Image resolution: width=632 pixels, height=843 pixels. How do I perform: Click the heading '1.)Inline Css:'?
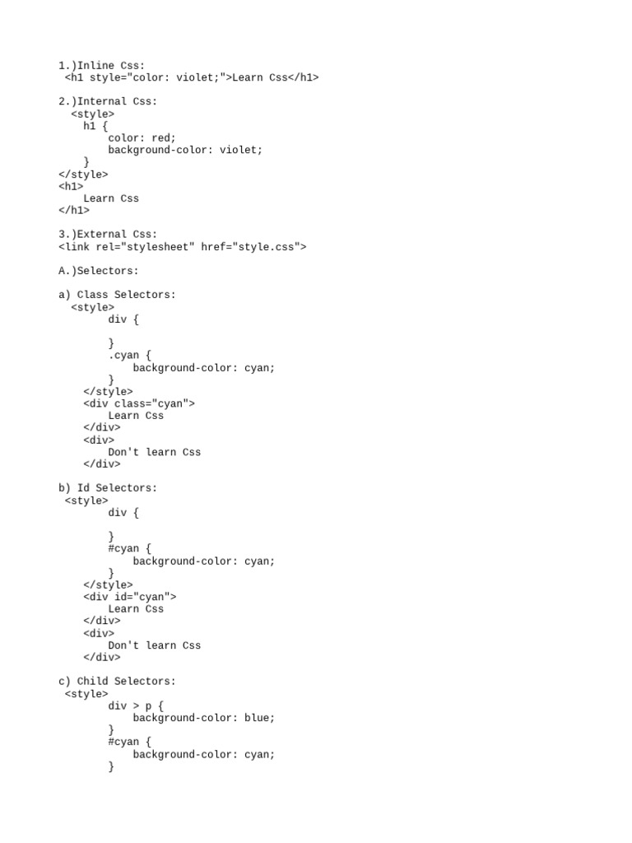[x=101, y=65]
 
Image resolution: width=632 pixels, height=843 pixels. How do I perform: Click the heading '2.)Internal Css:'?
[x=107, y=101]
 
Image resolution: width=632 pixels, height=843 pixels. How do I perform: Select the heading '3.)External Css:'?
[x=107, y=235]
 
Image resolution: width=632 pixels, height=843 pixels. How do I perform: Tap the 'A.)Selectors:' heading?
[x=99, y=271]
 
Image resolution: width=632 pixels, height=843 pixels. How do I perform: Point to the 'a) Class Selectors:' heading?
[x=117, y=295]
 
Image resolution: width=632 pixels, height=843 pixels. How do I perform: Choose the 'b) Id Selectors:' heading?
[x=107, y=488]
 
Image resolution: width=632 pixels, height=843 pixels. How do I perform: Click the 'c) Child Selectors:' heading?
[x=117, y=682]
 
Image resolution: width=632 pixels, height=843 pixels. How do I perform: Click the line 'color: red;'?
[x=142, y=138]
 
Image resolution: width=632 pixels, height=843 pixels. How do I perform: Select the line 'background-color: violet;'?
[x=185, y=150]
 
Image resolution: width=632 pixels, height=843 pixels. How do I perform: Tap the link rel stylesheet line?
[x=182, y=246]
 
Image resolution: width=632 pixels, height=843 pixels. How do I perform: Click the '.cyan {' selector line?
[x=129, y=356]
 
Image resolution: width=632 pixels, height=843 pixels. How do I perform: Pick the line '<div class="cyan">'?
[x=139, y=403]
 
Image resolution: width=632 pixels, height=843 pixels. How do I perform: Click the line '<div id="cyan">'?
[x=129, y=597]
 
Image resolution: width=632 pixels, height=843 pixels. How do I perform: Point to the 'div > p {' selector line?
[x=136, y=706]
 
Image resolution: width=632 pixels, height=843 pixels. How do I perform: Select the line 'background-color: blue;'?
[x=203, y=718]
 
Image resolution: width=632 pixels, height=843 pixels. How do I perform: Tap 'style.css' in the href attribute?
[x=266, y=246]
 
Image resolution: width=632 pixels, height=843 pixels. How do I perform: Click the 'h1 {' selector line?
[x=95, y=126]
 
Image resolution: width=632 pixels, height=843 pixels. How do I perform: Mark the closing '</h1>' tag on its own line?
[x=74, y=210]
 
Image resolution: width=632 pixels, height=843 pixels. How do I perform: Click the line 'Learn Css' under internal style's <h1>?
[x=111, y=198]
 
